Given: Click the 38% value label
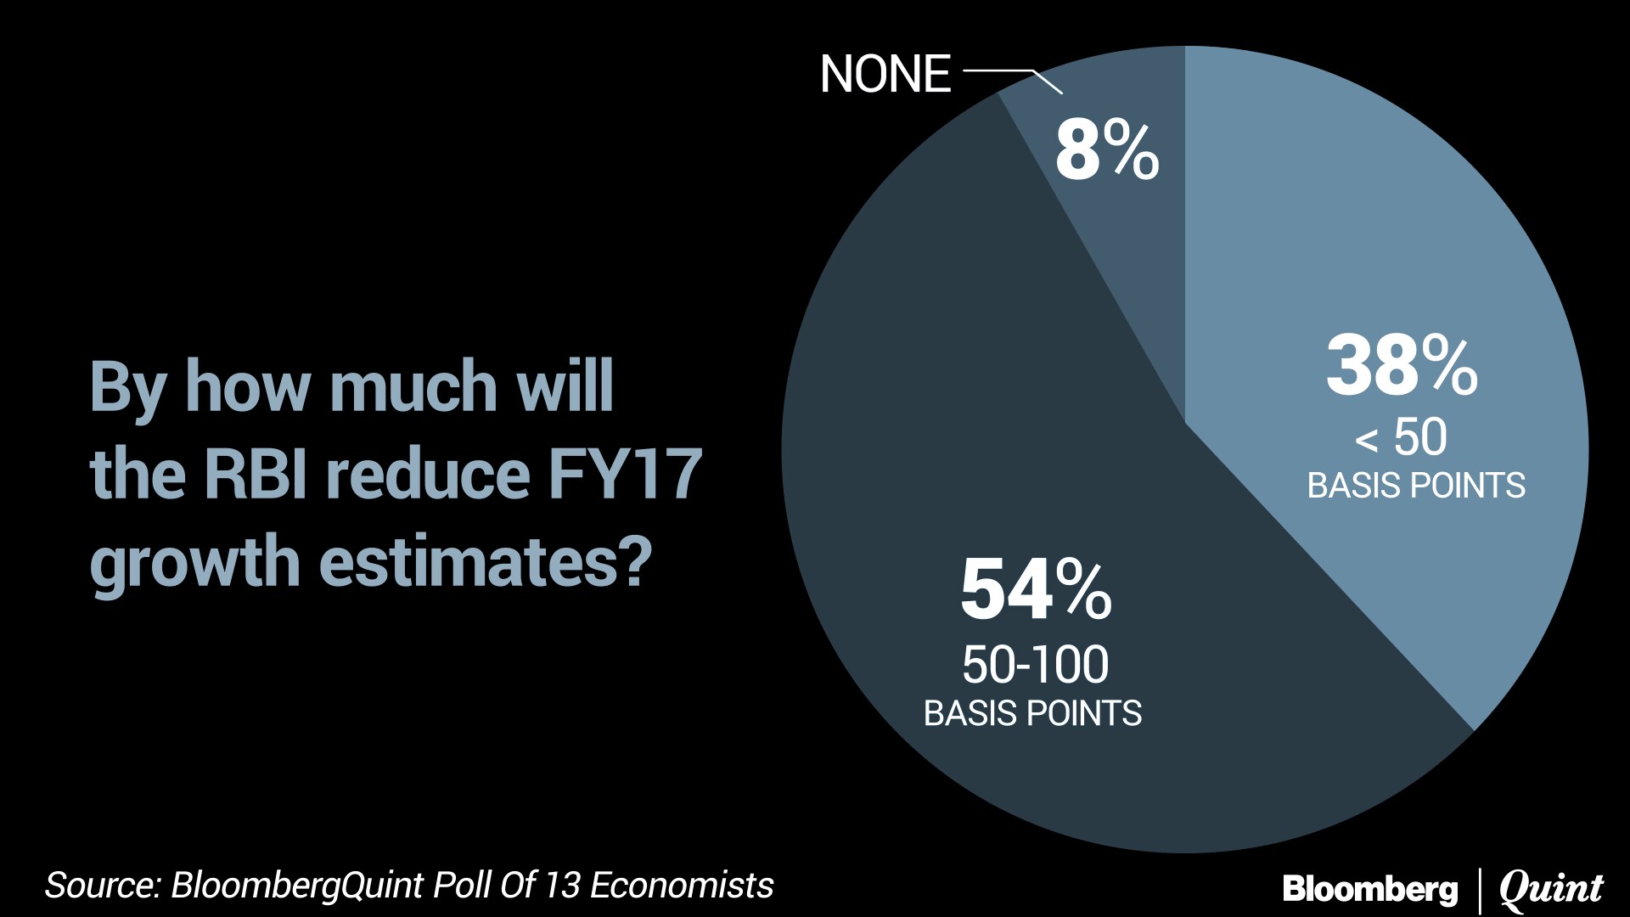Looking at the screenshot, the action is coord(1402,366).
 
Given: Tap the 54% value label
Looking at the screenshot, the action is coord(1036,588).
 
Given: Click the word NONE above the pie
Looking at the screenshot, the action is coord(885,74).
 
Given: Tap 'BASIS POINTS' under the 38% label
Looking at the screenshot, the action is coord(1416,486).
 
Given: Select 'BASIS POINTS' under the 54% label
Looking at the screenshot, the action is coord(1032,713).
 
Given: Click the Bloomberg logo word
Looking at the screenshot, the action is coord(1369,889).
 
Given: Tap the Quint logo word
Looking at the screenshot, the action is coord(1551,889).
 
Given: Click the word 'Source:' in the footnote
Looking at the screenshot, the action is coord(103,885).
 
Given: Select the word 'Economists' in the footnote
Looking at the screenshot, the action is coord(681,885).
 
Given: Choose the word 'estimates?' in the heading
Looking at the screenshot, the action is coord(486,562).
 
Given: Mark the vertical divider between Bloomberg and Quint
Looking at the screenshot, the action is coord(1479,890).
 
